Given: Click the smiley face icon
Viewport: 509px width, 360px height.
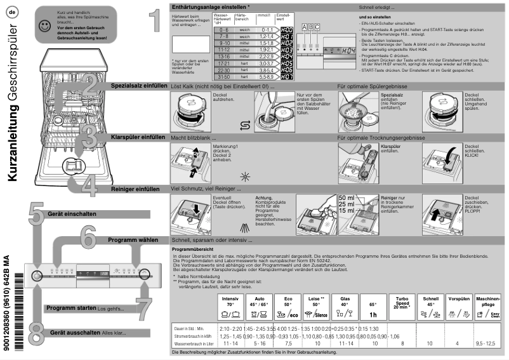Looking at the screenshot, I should coord(44,26).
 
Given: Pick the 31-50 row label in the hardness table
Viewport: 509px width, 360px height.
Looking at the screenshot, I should coord(223,77).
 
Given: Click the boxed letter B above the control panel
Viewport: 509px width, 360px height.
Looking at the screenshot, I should coord(310,27).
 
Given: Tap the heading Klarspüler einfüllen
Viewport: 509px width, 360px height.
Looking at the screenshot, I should coord(138,137).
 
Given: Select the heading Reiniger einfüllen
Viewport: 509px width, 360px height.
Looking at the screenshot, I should coord(138,189).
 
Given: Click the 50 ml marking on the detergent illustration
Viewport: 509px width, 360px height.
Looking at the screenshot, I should coord(347,198).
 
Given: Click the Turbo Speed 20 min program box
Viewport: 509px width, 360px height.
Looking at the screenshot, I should coord(400,306).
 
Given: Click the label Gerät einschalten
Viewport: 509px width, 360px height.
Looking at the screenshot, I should coord(72,214).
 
